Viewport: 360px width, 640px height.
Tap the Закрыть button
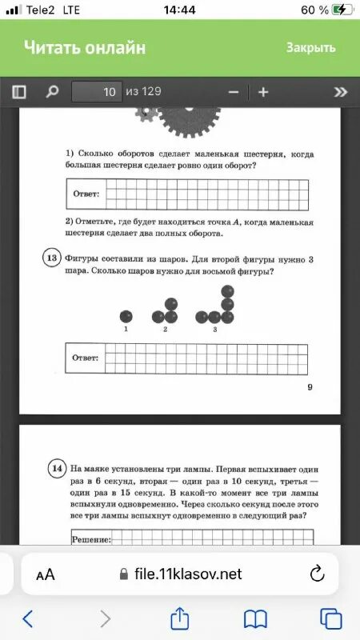[310, 47]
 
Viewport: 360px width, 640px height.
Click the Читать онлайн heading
[85, 47]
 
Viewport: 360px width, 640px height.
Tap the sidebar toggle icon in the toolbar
[19, 92]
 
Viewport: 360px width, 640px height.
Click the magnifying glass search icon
[52, 92]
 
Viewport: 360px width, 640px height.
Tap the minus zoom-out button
[234, 92]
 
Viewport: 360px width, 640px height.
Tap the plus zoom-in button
[263, 92]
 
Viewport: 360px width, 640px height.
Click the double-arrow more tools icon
[341, 92]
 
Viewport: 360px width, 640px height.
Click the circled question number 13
[51, 258]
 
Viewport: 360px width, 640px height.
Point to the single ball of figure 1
[126, 317]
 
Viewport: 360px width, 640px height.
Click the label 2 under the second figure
[165, 330]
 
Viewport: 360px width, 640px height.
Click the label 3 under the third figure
[215, 330]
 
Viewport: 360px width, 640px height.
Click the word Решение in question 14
[91, 540]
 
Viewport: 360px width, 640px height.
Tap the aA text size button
[46, 574]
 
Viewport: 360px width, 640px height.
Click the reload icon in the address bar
[317, 574]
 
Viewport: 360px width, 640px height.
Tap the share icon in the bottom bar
[180, 618]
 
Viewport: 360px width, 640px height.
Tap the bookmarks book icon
[255, 618]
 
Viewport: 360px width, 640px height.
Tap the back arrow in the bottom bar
[29, 618]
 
